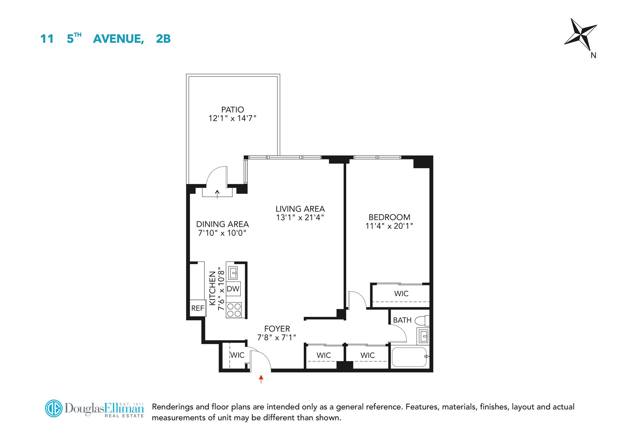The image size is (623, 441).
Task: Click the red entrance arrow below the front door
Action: point(261,379)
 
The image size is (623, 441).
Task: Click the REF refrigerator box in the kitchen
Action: point(198,308)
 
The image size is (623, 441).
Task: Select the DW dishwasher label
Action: point(233,289)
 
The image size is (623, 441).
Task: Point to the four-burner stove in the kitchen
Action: point(234,309)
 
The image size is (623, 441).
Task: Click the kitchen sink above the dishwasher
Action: point(233,272)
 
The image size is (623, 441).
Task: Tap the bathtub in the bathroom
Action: point(409,357)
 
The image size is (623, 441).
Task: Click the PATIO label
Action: point(232,110)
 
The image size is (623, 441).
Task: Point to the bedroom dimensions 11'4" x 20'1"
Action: point(389,226)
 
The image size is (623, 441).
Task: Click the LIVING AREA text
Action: point(300,209)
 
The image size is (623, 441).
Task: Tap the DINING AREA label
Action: point(222,224)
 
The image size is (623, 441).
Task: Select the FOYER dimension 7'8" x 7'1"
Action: point(277,338)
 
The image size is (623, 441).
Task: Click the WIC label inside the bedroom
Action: point(401,293)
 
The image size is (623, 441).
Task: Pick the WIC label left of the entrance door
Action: point(237,355)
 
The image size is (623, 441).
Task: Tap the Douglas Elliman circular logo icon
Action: point(54,408)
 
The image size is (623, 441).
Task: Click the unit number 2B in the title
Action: point(163,39)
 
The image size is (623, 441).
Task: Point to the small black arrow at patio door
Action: point(217,194)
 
